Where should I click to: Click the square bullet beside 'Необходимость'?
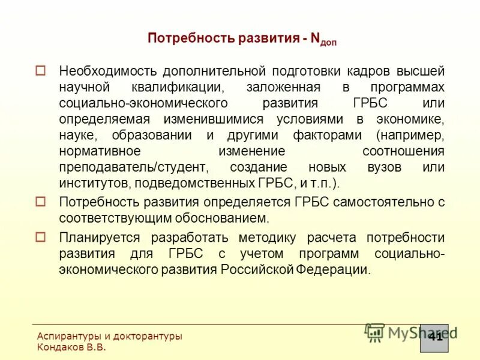click(x=40, y=70)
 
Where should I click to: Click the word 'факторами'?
click(x=327, y=135)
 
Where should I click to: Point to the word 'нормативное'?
click(x=100, y=151)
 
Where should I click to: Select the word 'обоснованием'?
click(x=225, y=218)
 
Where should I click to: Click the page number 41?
click(x=436, y=336)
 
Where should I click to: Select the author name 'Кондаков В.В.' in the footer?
click(x=71, y=347)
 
